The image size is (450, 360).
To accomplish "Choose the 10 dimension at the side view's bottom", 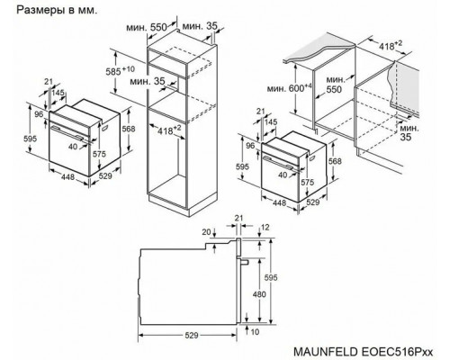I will point(257,332).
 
